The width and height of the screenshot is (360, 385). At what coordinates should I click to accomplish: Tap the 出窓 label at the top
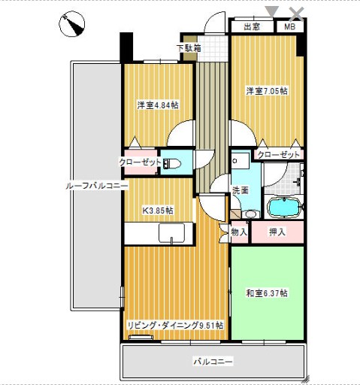[253, 27]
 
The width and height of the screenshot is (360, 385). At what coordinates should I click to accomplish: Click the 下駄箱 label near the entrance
[189, 49]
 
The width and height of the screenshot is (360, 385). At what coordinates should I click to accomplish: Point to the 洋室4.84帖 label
[157, 105]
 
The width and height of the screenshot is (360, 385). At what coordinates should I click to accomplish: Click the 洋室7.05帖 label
[267, 91]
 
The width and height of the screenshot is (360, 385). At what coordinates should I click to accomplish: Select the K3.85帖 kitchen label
[157, 210]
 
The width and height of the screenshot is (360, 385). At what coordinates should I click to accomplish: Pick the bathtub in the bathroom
[284, 206]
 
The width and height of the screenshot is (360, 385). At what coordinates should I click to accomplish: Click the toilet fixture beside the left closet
[172, 163]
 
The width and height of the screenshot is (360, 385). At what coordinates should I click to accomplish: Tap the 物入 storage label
[239, 232]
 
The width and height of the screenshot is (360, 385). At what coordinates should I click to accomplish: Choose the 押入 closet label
[277, 232]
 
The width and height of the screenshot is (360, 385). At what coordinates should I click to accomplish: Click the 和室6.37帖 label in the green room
[267, 293]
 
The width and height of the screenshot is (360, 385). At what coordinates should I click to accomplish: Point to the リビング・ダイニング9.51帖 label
[174, 325]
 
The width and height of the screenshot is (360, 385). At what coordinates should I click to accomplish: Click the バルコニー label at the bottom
[213, 362]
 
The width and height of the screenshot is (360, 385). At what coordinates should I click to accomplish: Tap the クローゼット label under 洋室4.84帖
[139, 162]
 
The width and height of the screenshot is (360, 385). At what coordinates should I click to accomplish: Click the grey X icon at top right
[297, 11]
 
